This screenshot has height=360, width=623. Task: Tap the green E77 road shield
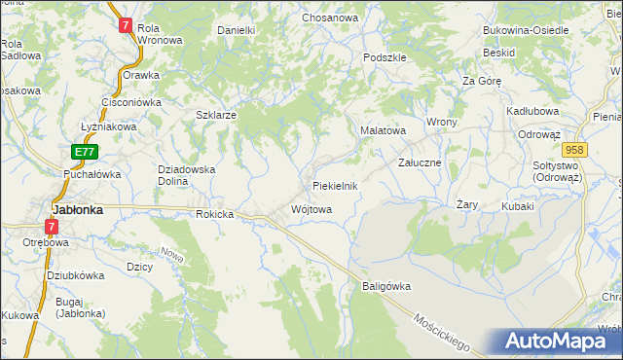pos(85,152)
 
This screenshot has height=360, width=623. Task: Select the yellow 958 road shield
pos(574,149)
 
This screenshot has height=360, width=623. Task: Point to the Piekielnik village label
pos(336,185)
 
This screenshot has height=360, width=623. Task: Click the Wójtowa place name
pos(311,209)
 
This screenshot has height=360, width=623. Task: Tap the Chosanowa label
pos(330,18)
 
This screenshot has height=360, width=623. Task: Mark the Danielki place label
pos(236,30)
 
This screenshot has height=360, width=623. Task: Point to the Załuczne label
pos(421,162)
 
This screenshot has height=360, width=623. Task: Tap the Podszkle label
pos(385,57)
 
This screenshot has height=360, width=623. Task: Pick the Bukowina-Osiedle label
pos(527,30)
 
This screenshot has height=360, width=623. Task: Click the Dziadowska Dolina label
pos(186,174)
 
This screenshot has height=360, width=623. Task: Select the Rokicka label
pos(216,214)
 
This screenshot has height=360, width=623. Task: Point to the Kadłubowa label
pos(531,111)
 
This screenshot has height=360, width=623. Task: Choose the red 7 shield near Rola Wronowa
pos(126,26)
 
